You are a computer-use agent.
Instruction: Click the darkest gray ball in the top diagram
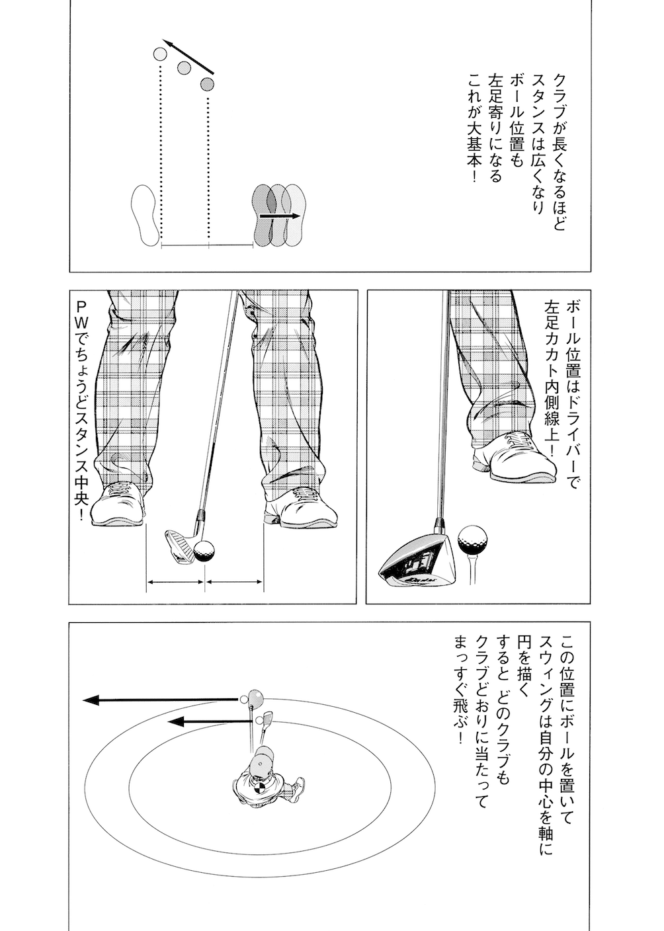[208, 84]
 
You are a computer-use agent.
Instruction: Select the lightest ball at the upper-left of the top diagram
[160, 54]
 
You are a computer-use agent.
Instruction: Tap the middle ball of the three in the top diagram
[184, 67]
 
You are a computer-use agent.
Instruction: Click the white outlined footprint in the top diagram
[146, 215]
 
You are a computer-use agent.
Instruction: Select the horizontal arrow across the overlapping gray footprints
[278, 216]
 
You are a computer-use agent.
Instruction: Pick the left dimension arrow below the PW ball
[175, 583]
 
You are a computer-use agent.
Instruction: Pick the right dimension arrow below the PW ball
[235, 583]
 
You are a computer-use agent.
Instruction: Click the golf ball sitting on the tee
[472, 539]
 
